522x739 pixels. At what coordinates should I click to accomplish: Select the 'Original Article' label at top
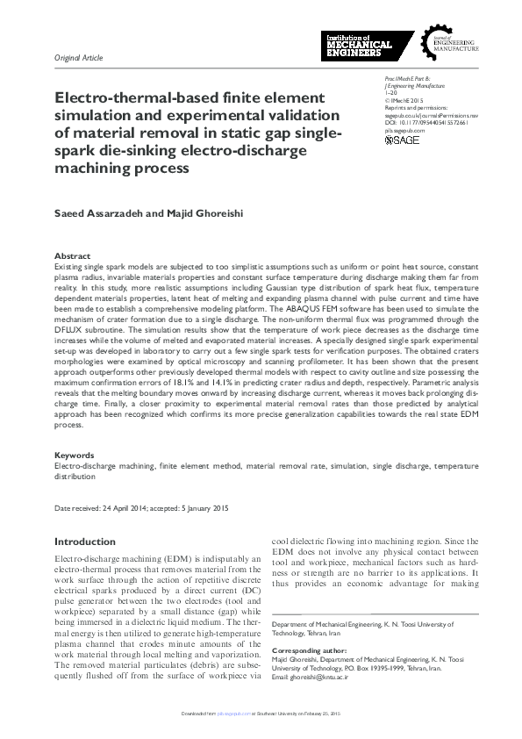78,58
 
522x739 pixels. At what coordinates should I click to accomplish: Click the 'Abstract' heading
72,256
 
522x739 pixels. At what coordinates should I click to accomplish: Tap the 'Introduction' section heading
85,542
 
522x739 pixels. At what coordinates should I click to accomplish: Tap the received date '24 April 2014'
128,508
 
